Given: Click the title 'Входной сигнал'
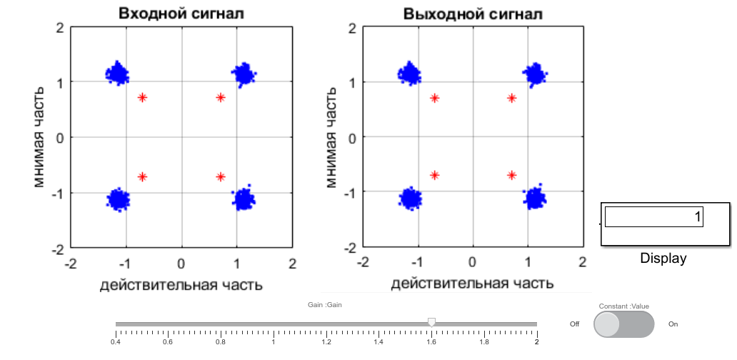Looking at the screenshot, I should pos(182,14).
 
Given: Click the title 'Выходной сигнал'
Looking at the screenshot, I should pos(473,14).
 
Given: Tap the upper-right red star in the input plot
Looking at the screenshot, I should pos(221,98).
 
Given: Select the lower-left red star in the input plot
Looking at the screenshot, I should pos(143,176).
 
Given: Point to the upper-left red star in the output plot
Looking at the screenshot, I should pos(434,98).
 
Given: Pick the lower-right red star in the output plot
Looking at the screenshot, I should pos(512,175).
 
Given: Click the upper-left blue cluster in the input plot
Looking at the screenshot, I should pos(118,73).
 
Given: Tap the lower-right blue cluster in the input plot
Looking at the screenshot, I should pos(244,199).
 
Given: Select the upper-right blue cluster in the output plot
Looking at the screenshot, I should pos(535,74).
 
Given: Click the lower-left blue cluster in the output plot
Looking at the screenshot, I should pos(410,198).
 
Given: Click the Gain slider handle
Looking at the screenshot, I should pos(431,323).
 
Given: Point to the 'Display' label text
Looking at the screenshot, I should pos(663,259).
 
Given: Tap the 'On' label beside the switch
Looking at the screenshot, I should pos(673,324).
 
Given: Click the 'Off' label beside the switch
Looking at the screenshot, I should pos(574,324).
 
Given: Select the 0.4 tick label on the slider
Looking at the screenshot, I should pos(115,342).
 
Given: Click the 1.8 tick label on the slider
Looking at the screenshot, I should pos(484,342).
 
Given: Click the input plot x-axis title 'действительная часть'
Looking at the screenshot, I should pos(181,285).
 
